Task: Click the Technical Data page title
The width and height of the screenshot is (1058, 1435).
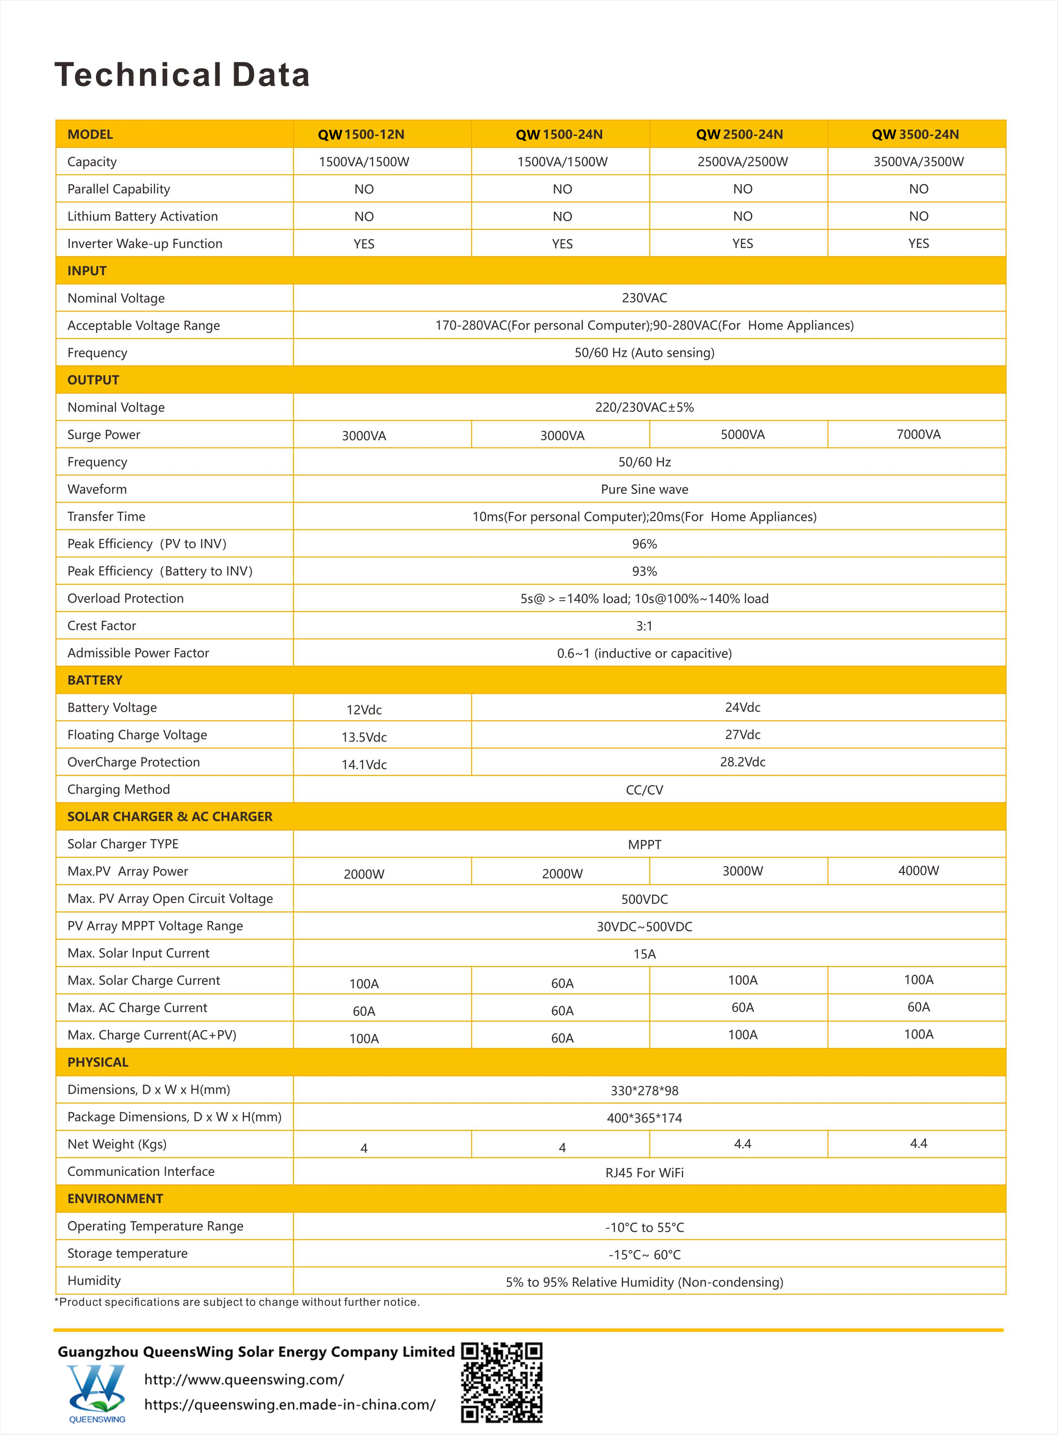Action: pyautogui.click(x=183, y=75)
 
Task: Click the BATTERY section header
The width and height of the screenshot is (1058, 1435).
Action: pyautogui.click(x=95, y=680)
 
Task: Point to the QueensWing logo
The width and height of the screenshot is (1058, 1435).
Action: pyautogui.click(x=96, y=1389)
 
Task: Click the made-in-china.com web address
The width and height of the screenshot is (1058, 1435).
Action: pyautogui.click(x=290, y=1405)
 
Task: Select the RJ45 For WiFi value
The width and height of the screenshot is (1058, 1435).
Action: pyautogui.click(x=644, y=1172)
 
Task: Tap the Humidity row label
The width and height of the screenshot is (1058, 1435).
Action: pyautogui.click(x=94, y=1281)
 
